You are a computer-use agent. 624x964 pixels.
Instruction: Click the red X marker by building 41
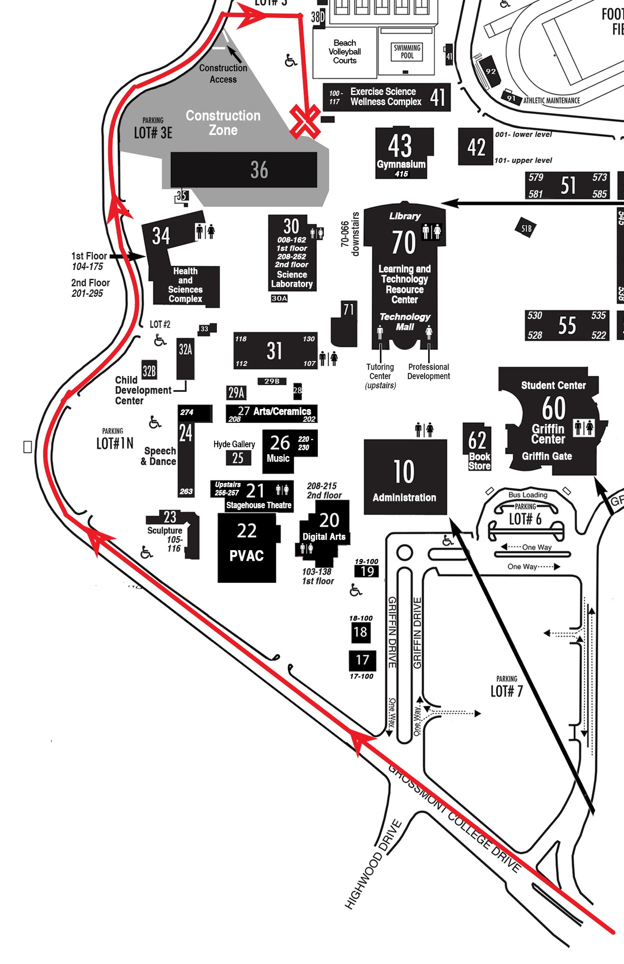[305, 121]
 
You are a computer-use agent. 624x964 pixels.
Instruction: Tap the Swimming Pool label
[407, 51]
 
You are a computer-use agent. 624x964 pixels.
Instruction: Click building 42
[476, 147]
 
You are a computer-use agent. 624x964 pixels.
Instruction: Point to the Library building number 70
[404, 242]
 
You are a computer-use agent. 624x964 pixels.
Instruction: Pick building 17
[362, 660]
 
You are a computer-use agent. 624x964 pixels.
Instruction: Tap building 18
[360, 632]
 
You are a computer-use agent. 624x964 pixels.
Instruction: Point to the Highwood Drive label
[374, 864]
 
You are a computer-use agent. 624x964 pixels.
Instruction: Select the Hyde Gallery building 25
[238, 458]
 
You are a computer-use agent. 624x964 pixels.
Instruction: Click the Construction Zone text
[223, 123]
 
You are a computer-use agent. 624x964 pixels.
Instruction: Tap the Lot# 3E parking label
[153, 132]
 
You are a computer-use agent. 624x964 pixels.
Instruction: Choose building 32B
[149, 371]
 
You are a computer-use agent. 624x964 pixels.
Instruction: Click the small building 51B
[526, 228]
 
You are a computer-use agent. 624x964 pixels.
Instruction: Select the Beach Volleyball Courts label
[345, 52]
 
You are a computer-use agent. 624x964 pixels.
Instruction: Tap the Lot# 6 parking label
[525, 519]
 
